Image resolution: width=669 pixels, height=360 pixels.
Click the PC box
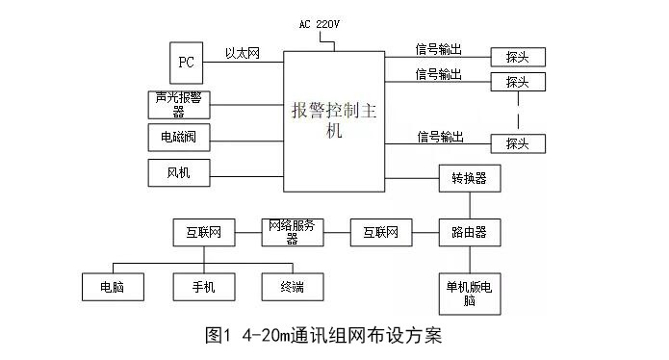point(186,63)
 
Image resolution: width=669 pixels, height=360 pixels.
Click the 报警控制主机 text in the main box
point(334,120)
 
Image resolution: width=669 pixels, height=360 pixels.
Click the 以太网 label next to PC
point(243,54)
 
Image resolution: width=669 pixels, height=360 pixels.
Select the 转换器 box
point(469,179)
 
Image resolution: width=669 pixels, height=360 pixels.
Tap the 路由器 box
point(469,232)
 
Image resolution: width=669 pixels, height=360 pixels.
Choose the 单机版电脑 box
point(469,294)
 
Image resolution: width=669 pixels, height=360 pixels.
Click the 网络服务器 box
point(293,232)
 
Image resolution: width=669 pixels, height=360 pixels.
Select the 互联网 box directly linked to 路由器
point(381,232)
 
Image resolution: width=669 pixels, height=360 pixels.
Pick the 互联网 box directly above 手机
point(203,232)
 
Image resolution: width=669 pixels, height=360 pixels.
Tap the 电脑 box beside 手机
point(112,286)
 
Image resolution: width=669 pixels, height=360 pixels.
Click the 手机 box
point(203,286)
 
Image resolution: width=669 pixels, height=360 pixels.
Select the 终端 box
point(293,286)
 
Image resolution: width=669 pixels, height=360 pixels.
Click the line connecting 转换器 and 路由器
point(469,205)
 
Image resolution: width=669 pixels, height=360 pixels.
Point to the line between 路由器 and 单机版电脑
point(469,260)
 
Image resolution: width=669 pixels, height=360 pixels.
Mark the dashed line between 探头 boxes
point(517,113)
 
